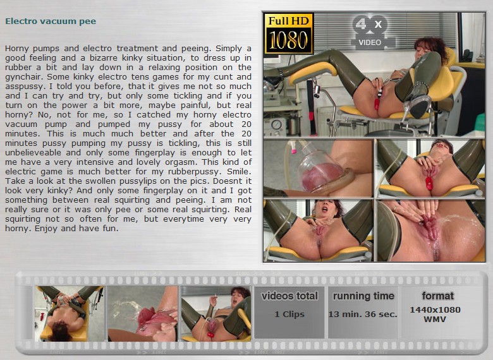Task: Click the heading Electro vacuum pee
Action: [x=51, y=21]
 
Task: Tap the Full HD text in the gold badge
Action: [x=289, y=21]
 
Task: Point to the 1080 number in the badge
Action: [x=288, y=40]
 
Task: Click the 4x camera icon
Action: [x=370, y=25]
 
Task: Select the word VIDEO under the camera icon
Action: [x=370, y=42]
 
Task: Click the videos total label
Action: [x=289, y=296]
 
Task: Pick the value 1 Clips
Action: [x=289, y=314]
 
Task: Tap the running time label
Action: [x=363, y=296]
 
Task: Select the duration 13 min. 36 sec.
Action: [x=363, y=314]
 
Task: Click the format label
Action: [x=437, y=296]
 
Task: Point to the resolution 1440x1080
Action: [x=435, y=309]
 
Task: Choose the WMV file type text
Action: [x=435, y=319]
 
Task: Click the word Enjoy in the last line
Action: [x=46, y=229]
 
